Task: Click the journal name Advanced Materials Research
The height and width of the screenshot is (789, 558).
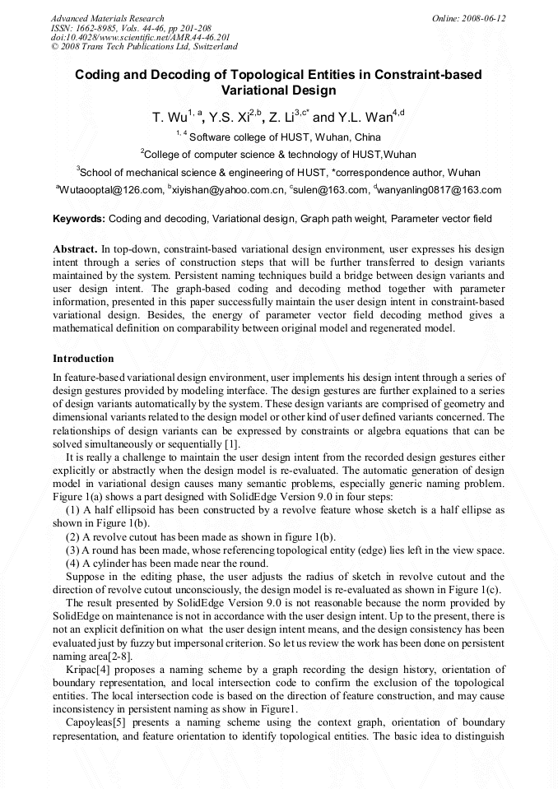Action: click(x=107, y=18)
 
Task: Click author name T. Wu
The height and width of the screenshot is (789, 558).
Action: click(x=169, y=118)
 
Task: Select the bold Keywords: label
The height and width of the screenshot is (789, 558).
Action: click(x=78, y=220)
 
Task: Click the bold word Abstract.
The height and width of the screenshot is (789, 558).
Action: click(x=75, y=248)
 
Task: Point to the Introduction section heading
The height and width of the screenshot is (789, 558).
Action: click(x=83, y=359)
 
